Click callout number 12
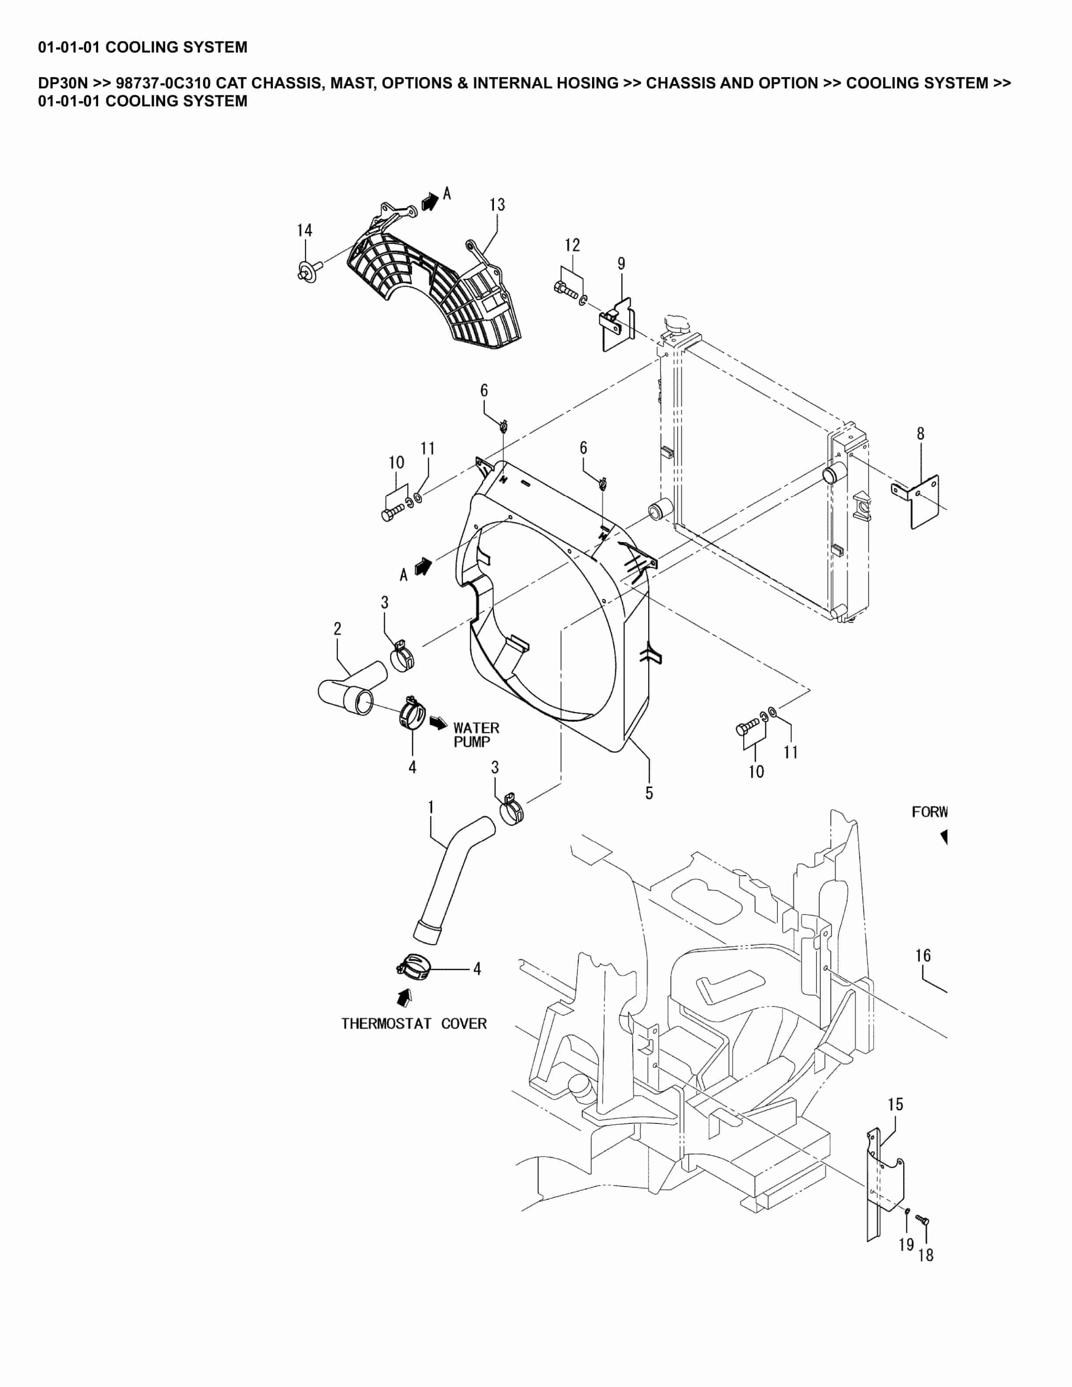[572, 245]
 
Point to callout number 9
[621, 264]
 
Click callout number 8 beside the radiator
[920, 434]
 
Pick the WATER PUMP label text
[476, 735]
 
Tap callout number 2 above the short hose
[337, 629]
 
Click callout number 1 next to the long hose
[431, 807]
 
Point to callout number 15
[895, 1105]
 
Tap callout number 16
[923, 955]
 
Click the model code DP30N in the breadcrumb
[62, 83]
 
